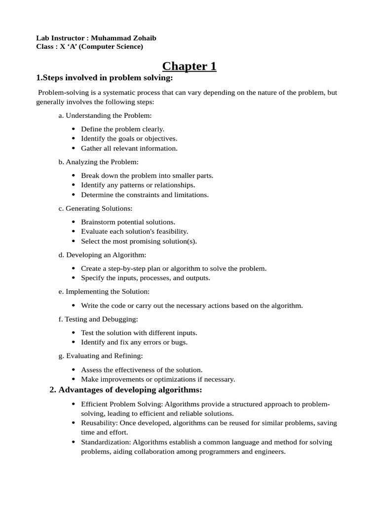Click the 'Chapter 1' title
(189, 66)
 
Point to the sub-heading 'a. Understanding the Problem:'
(105, 115)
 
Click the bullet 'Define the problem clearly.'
(122, 129)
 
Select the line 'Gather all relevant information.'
(129, 148)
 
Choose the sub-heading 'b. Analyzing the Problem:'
(99, 162)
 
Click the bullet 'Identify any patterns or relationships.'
(138, 185)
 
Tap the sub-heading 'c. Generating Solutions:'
(95, 208)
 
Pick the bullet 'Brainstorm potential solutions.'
(128, 222)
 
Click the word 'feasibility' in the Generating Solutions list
(171, 231)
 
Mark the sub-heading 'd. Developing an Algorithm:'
(102, 254)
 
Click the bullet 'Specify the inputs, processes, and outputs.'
(146, 278)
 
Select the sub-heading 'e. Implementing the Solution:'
(104, 291)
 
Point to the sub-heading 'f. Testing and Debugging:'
(98, 319)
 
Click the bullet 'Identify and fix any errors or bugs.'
(134, 342)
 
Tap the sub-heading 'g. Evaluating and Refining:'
(101, 356)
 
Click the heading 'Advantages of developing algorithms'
(130, 390)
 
